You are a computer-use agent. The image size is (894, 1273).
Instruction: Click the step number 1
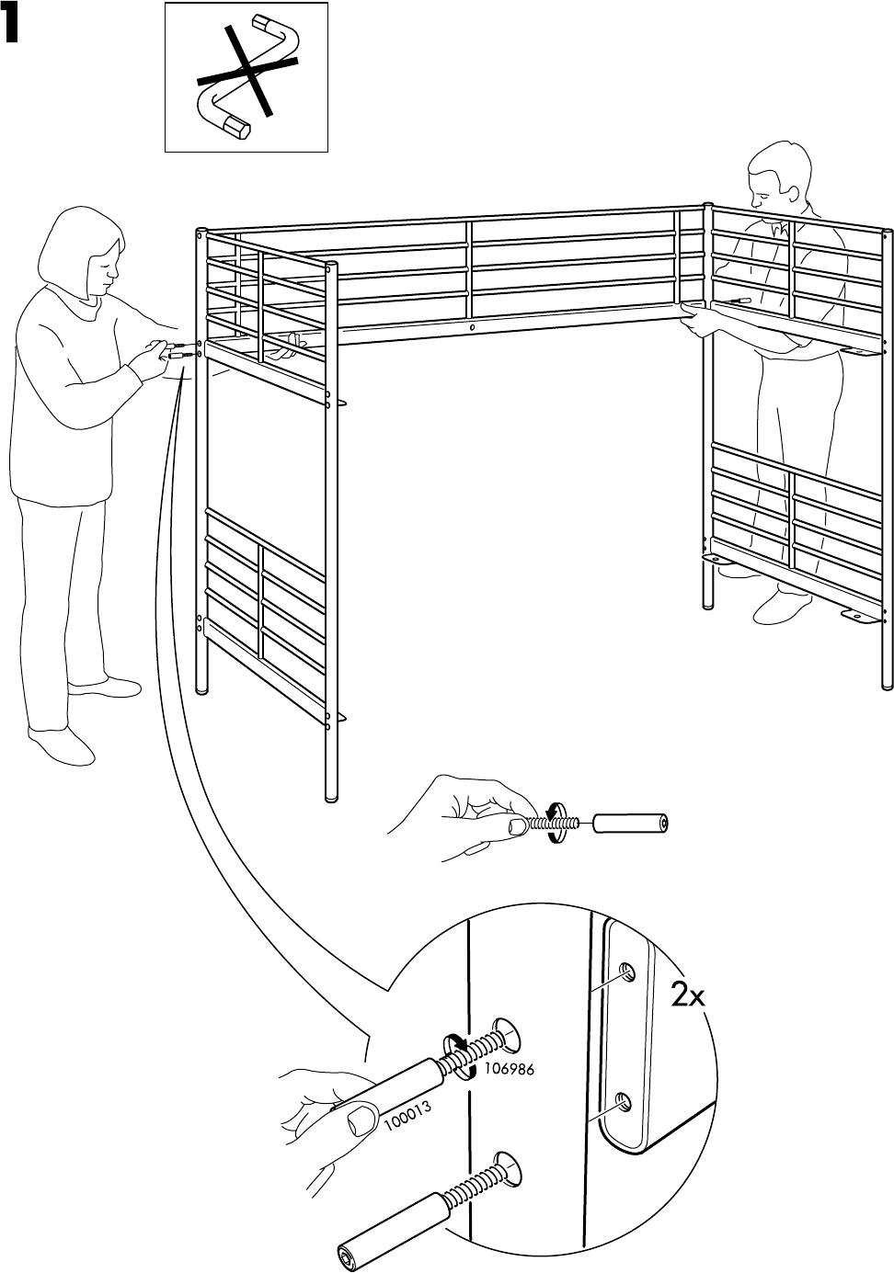point(11,28)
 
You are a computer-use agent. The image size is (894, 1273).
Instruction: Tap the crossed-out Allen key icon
point(246,77)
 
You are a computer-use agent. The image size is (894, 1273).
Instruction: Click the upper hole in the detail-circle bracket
point(625,971)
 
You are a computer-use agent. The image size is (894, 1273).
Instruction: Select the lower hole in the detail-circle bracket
point(622,1100)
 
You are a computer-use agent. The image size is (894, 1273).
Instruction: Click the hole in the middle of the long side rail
point(471,327)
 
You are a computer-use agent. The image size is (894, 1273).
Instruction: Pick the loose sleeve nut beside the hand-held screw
point(631,822)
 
